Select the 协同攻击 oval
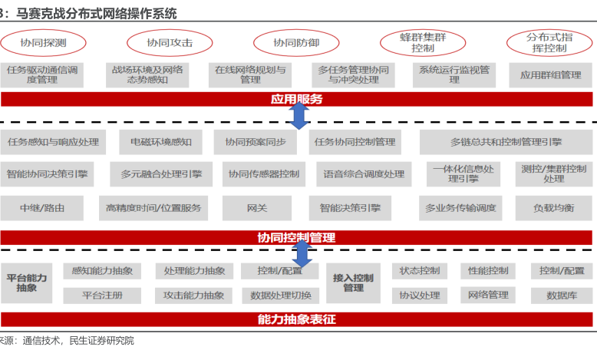click(x=170, y=43)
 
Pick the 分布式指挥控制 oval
click(x=548, y=42)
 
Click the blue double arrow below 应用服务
click(x=298, y=115)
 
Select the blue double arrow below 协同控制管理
click(x=302, y=253)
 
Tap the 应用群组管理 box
click(x=550, y=74)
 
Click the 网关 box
click(x=256, y=207)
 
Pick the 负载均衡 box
click(x=550, y=207)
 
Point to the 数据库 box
click(x=562, y=295)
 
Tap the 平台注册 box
click(x=102, y=295)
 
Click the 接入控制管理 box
click(x=354, y=282)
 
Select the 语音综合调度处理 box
click(x=364, y=174)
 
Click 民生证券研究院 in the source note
click(x=101, y=340)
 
